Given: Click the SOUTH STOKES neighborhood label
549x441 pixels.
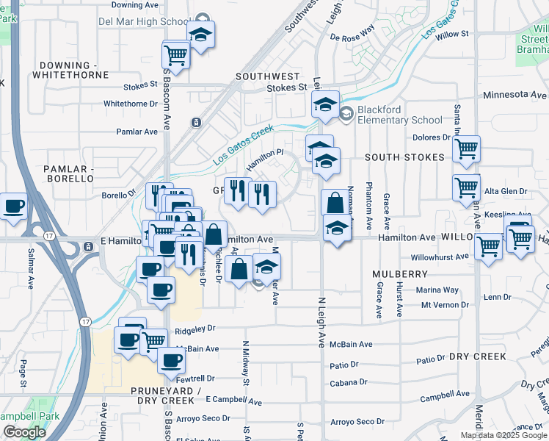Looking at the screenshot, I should (x=404, y=157).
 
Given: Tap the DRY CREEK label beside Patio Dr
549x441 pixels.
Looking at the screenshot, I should (x=478, y=356).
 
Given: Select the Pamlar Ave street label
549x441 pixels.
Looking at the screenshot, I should (x=137, y=132).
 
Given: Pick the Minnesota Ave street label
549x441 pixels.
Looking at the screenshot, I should (x=515, y=95).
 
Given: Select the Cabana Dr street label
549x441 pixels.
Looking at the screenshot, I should (x=348, y=382).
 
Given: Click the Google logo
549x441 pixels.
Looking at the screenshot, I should (x=24, y=431).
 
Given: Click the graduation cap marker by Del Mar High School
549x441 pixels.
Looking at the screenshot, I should (x=200, y=34).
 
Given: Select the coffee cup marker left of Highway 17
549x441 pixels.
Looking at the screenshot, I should (x=13, y=206).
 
